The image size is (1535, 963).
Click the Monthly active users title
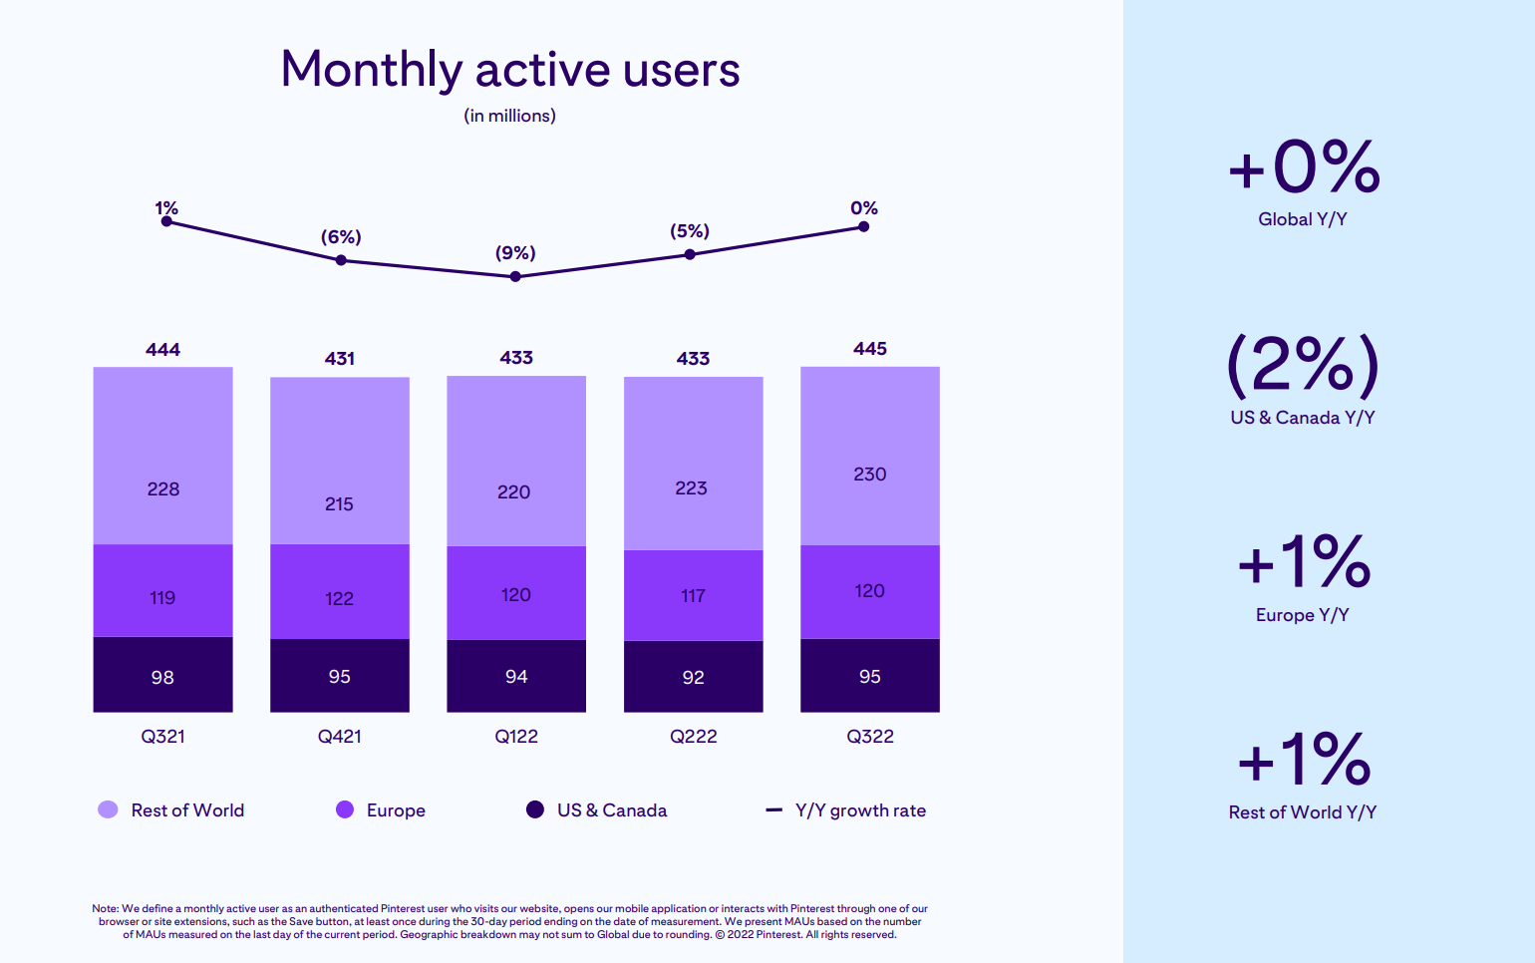[509, 70]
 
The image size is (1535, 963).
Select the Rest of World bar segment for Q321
[162, 456]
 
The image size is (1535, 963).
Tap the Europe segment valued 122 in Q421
[339, 591]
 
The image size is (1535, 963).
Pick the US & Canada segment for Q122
[515, 676]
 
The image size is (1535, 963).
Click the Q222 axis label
[693, 737]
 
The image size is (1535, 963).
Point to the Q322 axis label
[869, 737]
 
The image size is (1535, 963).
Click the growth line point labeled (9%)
[515, 276]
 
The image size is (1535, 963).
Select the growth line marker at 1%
[166, 221]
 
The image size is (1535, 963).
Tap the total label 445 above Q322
[869, 349]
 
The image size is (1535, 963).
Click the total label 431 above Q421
[339, 359]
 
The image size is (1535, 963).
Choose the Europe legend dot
[345, 809]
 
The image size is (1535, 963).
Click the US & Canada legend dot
[535, 809]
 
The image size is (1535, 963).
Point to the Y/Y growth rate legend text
[860, 810]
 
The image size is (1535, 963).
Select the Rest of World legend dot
[108, 809]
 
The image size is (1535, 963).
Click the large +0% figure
[1303, 166]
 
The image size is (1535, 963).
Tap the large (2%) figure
[1303, 365]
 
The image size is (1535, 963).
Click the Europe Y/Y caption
[1302, 615]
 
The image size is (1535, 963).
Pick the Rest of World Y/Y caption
[1302, 812]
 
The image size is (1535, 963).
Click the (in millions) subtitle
[509, 116]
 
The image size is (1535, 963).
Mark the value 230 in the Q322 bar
[869, 475]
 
